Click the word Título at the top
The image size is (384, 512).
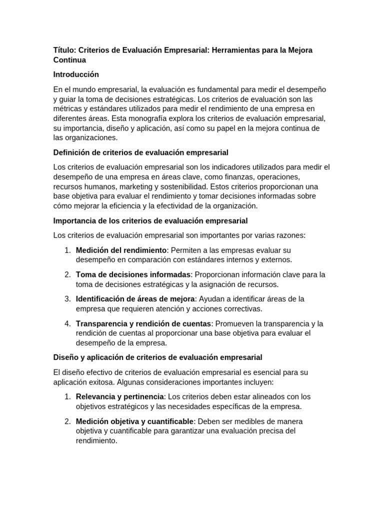coord(64,50)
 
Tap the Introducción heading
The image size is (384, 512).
coord(76,74)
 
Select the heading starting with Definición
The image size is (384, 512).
coord(140,152)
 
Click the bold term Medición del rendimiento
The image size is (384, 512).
coord(121,250)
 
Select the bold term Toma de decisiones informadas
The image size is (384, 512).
coord(133,274)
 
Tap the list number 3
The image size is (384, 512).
coord(67,299)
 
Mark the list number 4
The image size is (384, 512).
coord(67,323)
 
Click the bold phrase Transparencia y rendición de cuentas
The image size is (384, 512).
coord(144,323)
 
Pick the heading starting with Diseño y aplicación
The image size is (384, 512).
coord(157,357)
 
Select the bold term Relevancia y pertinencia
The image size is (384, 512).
coord(119,396)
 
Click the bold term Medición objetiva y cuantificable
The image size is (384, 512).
coord(134,421)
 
